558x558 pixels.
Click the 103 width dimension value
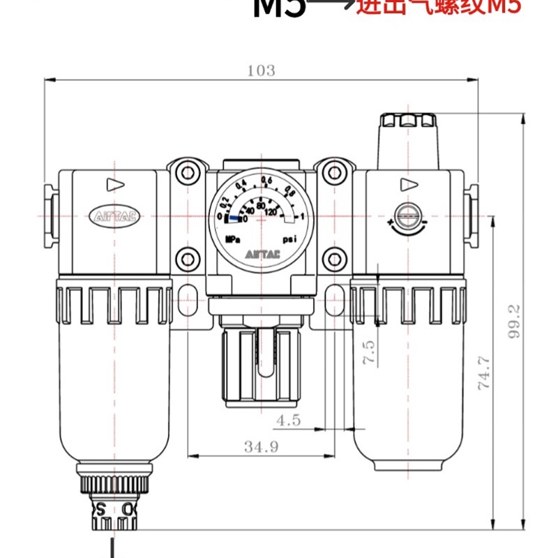[261, 70]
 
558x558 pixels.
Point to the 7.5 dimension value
[370, 353]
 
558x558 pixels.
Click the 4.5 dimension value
[288, 421]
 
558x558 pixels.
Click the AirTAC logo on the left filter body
[116, 216]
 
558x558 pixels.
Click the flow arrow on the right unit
[408, 185]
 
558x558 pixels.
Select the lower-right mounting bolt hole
[333, 260]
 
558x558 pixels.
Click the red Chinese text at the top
[439, 8]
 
